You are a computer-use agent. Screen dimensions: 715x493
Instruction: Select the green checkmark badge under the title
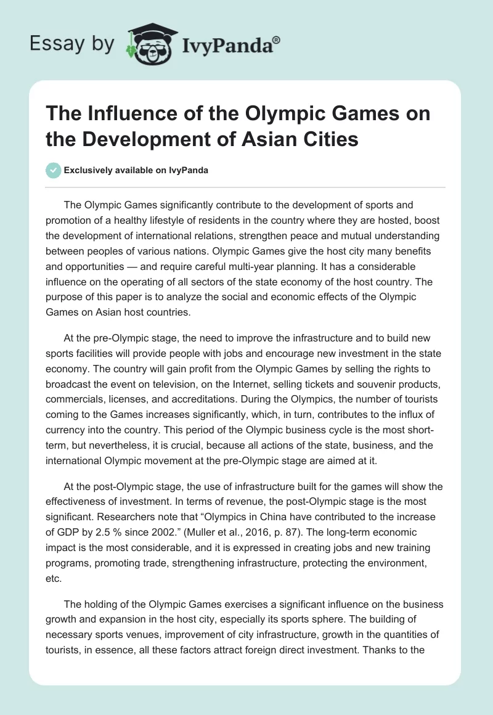pyautogui.click(x=54, y=171)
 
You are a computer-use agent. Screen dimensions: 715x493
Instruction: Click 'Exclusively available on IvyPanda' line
pyautogui.click(x=136, y=171)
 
